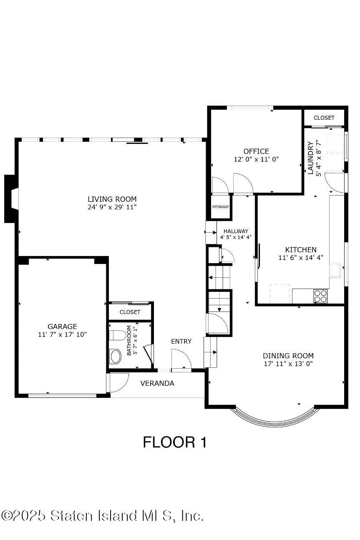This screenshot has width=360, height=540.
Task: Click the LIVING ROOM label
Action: click(x=112, y=199)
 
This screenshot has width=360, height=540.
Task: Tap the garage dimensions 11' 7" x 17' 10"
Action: click(x=62, y=334)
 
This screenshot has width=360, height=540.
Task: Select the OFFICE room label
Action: click(x=256, y=151)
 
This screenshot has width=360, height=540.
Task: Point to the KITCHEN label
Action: click(x=300, y=250)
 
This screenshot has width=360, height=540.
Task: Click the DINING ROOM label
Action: click(x=288, y=356)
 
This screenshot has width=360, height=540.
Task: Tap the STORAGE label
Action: click(x=221, y=207)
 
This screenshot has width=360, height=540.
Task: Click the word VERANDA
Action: click(x=157, y=383)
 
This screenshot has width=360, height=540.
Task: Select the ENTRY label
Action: click(x=181, y=341)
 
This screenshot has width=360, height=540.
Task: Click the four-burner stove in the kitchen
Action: click(x=320, y=296)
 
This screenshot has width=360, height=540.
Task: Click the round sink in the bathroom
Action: click(x=115, y=357)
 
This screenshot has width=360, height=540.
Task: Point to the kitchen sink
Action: click(x=335, y=270)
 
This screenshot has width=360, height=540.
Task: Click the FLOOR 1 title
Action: click(x=175, y=442)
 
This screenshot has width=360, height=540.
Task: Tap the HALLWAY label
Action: click(x=236, y=231)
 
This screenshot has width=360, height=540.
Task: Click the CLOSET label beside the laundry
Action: click(x=324, y=118)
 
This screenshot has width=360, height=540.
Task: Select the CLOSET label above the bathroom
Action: click(x=130, y=312)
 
